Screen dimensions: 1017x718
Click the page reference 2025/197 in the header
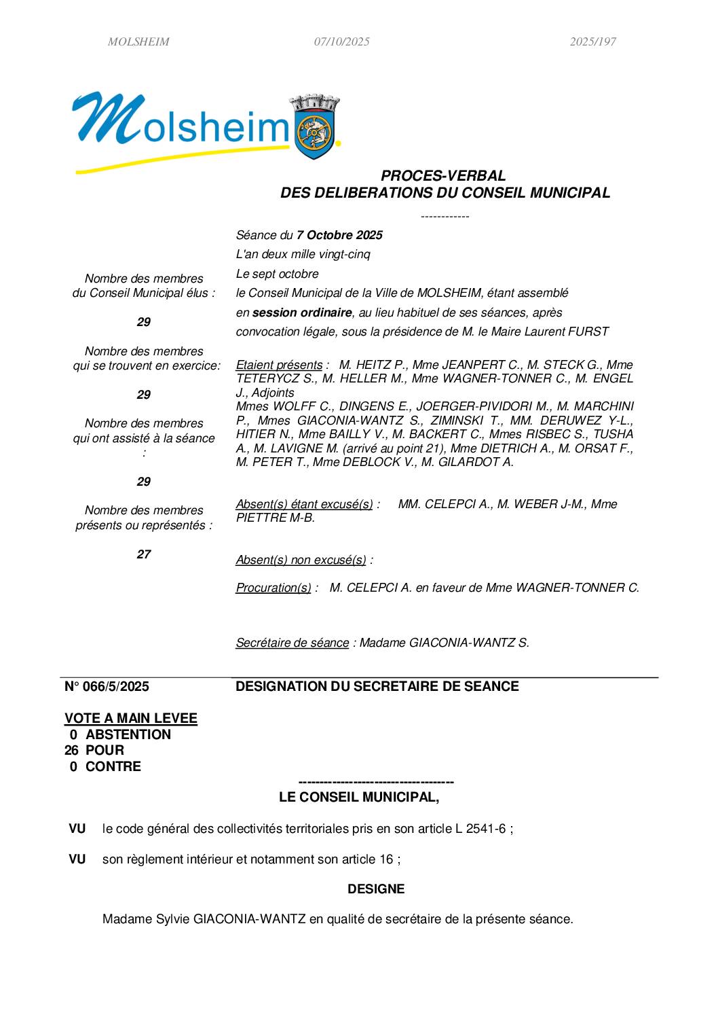[x=592, y=41]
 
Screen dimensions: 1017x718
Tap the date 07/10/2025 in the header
[x=341, y=41]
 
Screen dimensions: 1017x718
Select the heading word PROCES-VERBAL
[x=443, y=176]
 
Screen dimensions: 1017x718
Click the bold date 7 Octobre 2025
[x=339, y=235]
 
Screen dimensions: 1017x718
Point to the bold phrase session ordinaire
[x=302, y=313]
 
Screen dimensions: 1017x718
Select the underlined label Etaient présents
[x=279, y=365]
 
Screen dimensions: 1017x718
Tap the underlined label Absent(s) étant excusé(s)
[x=304, y=504]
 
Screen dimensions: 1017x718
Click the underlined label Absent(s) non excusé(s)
[x=301, y=560]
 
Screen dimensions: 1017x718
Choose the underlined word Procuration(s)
[x=273, y=588]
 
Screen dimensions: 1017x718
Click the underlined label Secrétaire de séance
[x=292, y=643]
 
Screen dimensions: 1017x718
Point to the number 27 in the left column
[x=144, y=554]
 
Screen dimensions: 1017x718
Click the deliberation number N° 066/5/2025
[x=107, y=686]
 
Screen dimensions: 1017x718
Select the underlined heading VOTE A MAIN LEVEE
[x=131, y=718]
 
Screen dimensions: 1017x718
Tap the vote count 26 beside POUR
[x=71, y=750]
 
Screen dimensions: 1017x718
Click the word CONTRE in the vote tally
[x=113, y=766]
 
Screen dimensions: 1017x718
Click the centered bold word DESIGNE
[x=376, y=889]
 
